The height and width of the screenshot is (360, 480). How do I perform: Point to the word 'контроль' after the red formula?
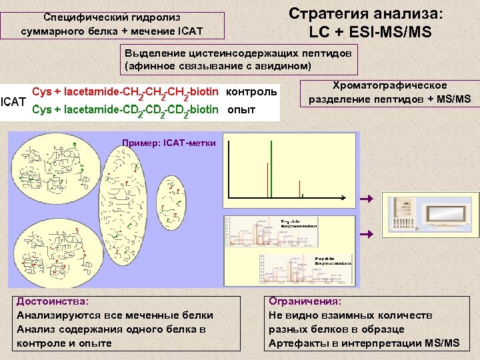click(x=252, y=91)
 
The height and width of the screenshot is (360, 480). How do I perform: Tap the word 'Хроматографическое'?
click(x=389, y=85)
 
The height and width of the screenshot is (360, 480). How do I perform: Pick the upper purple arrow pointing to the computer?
click(x=365, y=199)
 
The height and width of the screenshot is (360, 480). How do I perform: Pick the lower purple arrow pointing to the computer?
click(x=365, y=234)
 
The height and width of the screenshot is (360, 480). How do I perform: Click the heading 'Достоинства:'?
click(x=53, y=301)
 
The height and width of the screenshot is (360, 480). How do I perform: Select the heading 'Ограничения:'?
click(x=305, y=301)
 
